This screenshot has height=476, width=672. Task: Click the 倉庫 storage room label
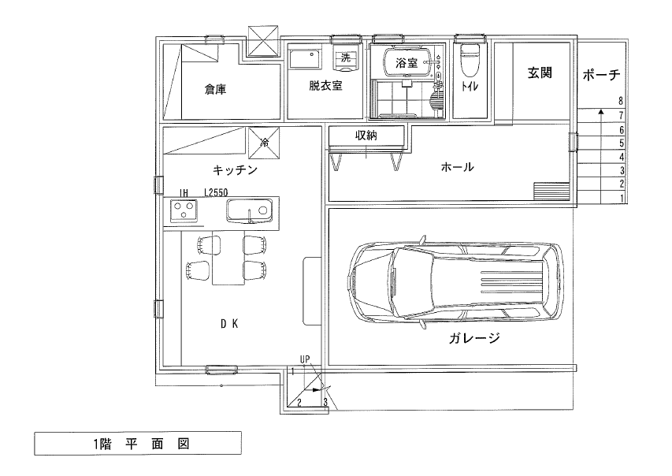coord(215,90)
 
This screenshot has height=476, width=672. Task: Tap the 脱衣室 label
coord(325,86)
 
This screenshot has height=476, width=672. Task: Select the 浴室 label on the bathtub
coord(407,64)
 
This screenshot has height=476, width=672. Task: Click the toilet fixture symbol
coord(470,59)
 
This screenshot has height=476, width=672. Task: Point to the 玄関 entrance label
coord(540,73)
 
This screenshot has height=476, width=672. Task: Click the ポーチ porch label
coord(601,76)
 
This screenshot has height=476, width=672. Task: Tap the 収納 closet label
coord(366,136)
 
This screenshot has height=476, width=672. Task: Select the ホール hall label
coord(457,167)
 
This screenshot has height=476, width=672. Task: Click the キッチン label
coord(236,170)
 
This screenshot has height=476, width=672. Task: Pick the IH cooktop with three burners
coord(184,211)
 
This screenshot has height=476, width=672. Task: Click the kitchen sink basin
coord(250,211)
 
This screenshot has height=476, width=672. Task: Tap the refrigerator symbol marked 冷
coord(265,143)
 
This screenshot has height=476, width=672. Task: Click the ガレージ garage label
coord(475,338)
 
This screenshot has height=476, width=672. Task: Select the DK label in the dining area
coord(229,324)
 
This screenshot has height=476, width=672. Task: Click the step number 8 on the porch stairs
coord(621,102)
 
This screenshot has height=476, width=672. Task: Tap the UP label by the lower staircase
coord(305,360)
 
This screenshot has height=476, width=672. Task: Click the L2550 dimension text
coord(216,192)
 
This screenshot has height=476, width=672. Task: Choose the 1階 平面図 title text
coord(142,444)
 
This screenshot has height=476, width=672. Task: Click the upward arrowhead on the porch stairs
coord(601,113)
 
